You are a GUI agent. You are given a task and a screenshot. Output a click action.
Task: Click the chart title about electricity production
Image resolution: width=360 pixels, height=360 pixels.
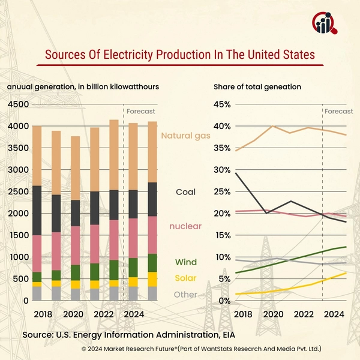[x=180, y=55]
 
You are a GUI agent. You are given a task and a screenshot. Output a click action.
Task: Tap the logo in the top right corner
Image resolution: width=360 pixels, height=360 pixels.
[x=325, y=23]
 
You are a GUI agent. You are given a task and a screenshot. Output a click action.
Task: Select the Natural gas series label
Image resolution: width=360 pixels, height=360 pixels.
[x=185, y=136]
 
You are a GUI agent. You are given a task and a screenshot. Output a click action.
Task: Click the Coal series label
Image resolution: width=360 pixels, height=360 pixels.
[x=185, y=193]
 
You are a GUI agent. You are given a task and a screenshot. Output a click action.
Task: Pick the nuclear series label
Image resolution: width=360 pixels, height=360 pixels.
[x=185, y=226]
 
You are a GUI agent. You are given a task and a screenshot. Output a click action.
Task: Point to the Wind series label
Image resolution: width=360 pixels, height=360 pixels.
[x=185, y=262]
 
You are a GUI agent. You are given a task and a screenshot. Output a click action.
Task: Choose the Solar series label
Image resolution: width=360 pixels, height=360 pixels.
[x=185, y=279]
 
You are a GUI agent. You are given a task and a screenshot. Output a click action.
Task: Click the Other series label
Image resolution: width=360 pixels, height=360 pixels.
[x=185, y=295]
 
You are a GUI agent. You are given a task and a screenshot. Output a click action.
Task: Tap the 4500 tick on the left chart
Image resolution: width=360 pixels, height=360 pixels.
[x=17, y=104]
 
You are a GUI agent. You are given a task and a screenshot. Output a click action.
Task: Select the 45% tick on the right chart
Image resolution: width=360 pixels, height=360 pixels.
[x=223, y=104]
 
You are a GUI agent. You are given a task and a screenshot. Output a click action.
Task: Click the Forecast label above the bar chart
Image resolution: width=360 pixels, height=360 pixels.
[x=141, y=111]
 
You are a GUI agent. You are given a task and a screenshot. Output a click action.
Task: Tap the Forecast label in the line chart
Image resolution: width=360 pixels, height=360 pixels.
[x=339, y=111]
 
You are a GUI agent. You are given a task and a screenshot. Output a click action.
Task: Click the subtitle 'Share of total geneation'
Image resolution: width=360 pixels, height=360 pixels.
[x=257, y=87]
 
